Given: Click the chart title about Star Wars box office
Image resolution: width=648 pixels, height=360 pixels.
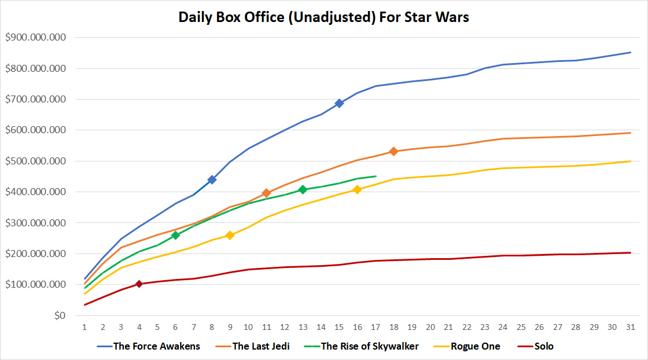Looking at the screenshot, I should click(323, 17).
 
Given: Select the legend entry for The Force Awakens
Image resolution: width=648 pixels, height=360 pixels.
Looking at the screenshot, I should click(157, 346).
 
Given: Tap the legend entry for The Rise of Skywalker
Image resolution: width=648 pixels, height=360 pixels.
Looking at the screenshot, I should click(370, 346).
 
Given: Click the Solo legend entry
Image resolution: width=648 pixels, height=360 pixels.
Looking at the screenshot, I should click(544, 346).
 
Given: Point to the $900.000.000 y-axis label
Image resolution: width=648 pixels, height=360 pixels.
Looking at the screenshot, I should click(35, 38).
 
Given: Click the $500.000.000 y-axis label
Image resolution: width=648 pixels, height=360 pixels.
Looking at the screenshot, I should click(35, 161).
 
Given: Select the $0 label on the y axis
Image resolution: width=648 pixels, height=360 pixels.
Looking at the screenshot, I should click(60, 315).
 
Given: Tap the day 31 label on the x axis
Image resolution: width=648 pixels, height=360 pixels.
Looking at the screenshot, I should click(630, 327).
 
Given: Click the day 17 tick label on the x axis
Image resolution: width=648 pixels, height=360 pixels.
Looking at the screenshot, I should click(375, 327).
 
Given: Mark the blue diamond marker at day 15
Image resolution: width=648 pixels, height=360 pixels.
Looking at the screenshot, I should click(339, 104).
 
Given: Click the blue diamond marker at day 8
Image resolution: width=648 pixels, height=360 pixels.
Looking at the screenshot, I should click(212, 179).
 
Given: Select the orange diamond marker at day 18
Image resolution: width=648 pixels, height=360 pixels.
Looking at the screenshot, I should click(393, 152).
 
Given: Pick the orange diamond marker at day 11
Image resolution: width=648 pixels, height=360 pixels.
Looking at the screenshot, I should click(266, 193).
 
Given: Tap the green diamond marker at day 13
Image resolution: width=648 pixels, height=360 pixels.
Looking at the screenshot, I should click(303, 189).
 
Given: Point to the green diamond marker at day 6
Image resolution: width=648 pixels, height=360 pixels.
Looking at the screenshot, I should click(175, 235).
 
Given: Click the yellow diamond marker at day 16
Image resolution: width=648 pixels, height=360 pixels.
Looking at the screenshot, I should click(357, 189).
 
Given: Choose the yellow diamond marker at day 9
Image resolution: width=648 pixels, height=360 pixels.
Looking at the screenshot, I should click(230, 236).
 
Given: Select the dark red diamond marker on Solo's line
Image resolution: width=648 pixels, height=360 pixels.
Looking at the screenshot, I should click(139, 284).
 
